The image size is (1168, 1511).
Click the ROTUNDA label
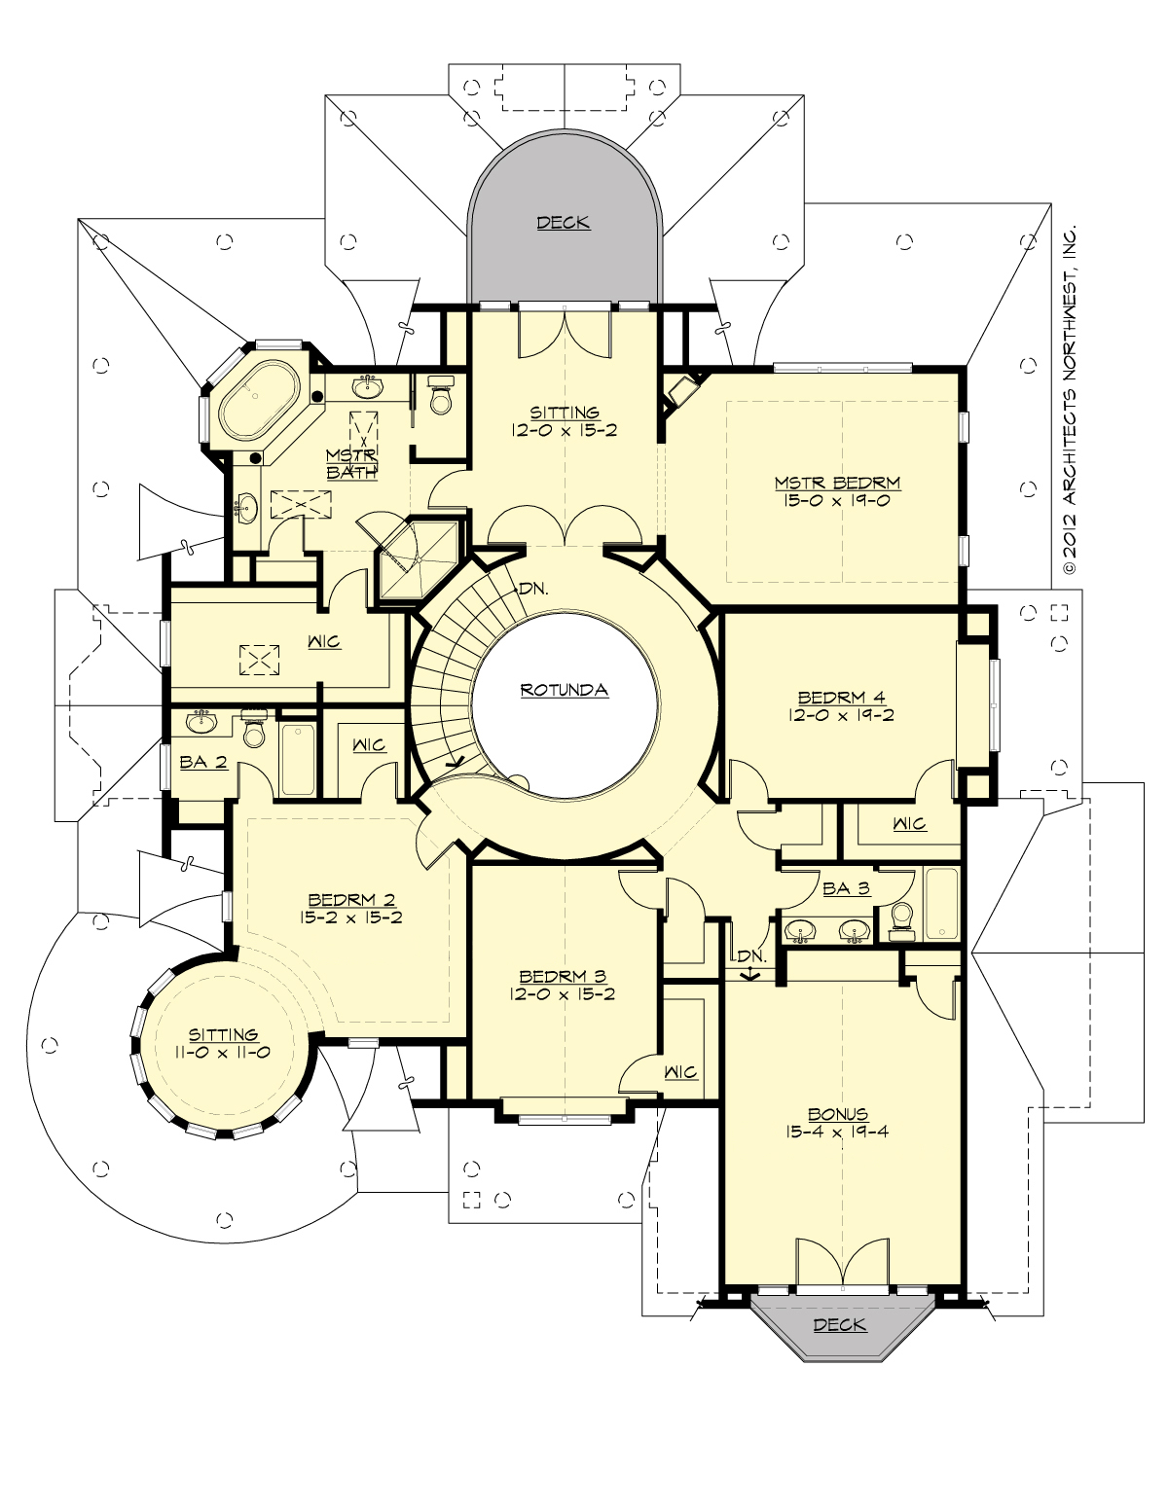pos(564,690)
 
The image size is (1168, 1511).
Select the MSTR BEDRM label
pos(837,483)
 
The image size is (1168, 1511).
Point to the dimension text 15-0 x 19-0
pos(837,501)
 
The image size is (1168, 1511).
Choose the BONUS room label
pos(837,1114)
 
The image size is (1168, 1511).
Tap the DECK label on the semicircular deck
pos(564,223)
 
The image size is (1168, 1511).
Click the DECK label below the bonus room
pos(839,1324)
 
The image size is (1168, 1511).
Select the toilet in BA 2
pos(254,732)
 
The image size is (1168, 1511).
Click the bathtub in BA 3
pos(941,904)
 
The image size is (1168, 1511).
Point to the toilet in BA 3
pos(902,919)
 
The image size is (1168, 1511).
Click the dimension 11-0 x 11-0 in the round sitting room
pos(224,1053)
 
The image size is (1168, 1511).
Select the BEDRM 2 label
pos(351,900)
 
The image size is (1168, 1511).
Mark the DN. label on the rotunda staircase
pos(532,589)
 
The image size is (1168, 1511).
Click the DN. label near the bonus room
pos(750,956)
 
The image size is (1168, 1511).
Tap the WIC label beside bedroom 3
pos(680,1072)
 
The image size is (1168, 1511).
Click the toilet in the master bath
pos(441,398)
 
